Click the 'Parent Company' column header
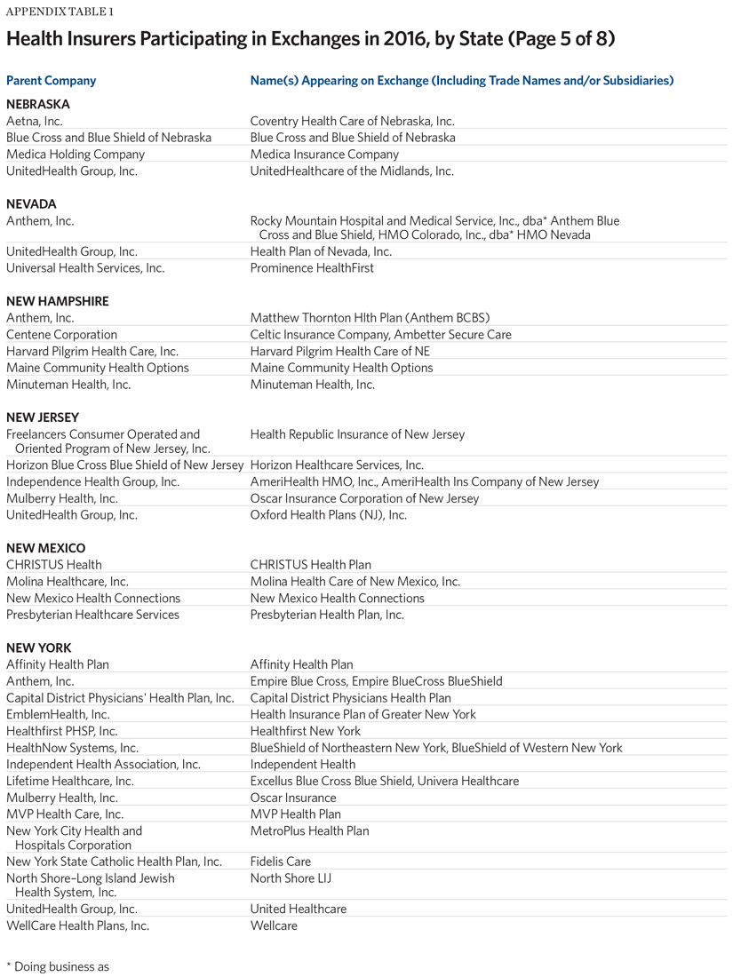coord(51,81)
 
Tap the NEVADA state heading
coord(31,204)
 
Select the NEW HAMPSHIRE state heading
coord(57,301)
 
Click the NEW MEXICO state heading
coord(45,548)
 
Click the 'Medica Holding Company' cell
coord(75,155)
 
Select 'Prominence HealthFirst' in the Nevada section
coord(312,268)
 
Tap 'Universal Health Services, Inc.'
coord(85,268)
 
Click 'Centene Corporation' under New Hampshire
coord(61,335)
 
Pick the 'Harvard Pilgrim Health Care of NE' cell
coord(340,352)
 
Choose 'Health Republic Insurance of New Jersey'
coord(357,434)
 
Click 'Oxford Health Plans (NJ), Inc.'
coord(329,515)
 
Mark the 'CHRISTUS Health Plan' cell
coord(311,565)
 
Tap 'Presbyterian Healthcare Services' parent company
coord(92,615)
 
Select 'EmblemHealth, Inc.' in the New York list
coord(58,714)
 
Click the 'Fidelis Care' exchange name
coord(281,862)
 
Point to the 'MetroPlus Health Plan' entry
coord(309,831)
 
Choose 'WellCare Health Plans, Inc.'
coord(77,925)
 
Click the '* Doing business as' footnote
coord(58,966)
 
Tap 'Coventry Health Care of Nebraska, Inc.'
coord(352,122)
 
